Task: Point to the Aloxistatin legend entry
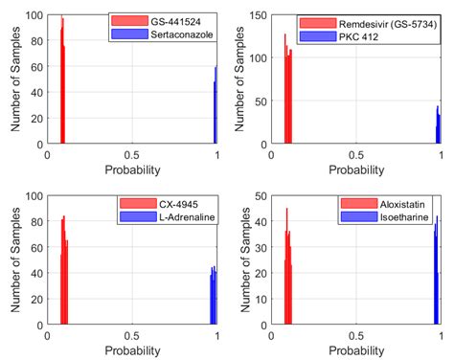[387, 203]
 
